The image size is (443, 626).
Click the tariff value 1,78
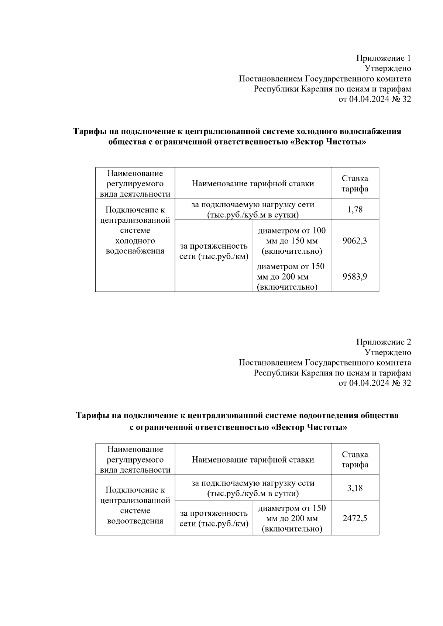pos(354,210)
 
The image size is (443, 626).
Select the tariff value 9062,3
pos(354,241)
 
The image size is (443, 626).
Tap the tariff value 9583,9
pos(354,277)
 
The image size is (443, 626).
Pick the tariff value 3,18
pos(354,488)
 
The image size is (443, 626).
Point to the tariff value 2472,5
pos(354,518)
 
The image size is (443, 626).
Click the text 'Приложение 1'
pos(383,58)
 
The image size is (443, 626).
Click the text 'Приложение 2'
pos(383,342)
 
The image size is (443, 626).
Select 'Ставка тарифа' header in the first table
pos(354,184)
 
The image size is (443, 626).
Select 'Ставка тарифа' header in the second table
pos(354,460)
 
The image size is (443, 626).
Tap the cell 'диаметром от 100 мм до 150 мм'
pos(292,241)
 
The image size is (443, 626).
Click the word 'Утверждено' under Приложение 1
pos(388,68)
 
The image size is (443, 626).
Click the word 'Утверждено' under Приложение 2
pos(388,352)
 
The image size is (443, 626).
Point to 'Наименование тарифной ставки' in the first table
pos(253,184)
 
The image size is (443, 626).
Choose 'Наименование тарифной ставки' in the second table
pos(253,460)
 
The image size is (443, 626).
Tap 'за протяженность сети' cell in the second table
pos(214,518)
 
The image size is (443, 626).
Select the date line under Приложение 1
pos(374,99)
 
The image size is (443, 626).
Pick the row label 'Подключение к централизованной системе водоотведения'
pos(135,505)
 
